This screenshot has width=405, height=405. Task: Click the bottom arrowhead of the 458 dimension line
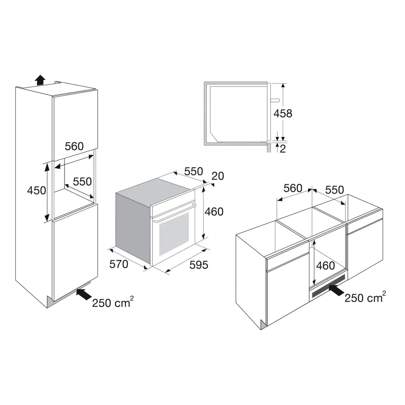283,140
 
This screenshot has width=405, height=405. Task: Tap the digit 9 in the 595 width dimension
198,265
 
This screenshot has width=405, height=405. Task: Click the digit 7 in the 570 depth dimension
119,264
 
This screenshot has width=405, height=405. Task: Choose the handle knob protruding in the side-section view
275,100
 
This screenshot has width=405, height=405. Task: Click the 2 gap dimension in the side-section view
283,149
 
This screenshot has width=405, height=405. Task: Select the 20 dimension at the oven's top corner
218,176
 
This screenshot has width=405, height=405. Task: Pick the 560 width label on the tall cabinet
74,146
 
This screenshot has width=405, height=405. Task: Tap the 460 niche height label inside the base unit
325,266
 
